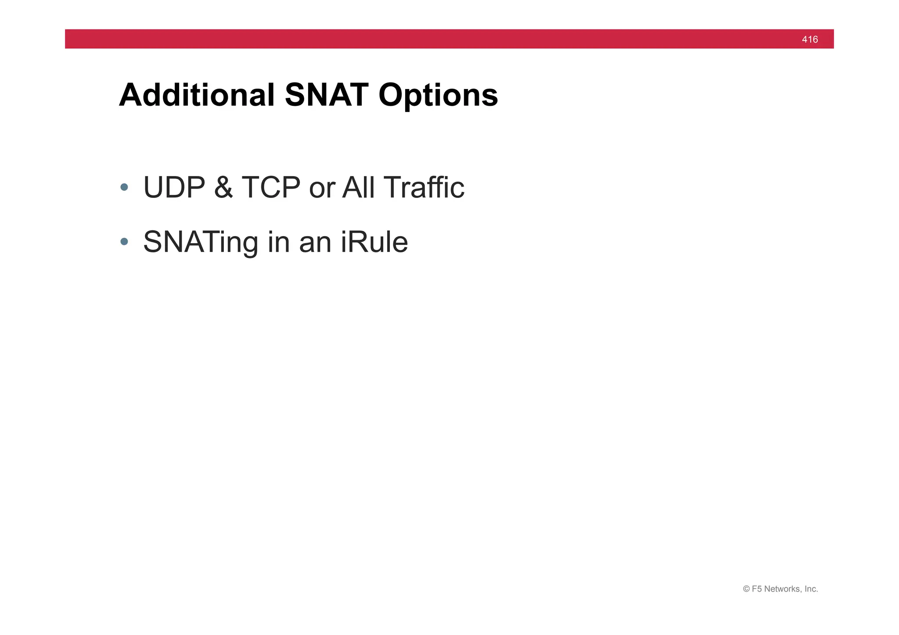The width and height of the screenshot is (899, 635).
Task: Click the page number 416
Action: tap(809, 39)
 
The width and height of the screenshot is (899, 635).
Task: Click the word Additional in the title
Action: tap(197, 95)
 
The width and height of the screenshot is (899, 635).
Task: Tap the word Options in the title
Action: tap(438, 96)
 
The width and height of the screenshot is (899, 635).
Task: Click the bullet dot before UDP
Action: tap(124, 187)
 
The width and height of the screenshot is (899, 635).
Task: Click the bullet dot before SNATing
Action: tap(124, 241)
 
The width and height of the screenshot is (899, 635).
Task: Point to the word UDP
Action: tap(174, 187)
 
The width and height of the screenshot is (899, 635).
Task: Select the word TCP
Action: tap(270, 187)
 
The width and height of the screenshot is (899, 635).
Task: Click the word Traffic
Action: tap(424, 187)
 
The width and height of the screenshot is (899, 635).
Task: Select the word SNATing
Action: tap(200, 242)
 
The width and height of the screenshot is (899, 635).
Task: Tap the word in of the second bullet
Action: tap(278, 241)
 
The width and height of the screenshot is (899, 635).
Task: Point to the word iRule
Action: tap(374, 241)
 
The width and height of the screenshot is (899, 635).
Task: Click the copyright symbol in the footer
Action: tap(746, 589)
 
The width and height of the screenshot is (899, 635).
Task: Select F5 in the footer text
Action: tap(757, 589)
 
